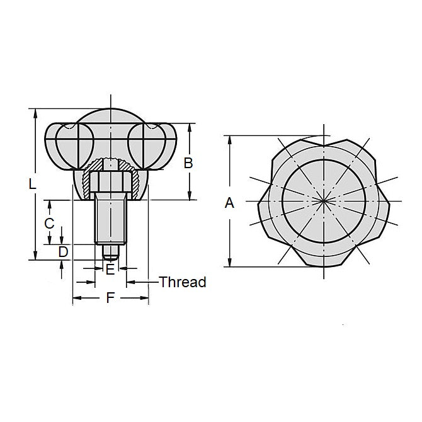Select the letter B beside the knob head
pyautogui.click(x=187, y=163)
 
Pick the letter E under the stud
pyautogui.click(x=110, y=270)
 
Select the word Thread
pyautogui.click(x=183, y=282)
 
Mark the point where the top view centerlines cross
pyautogui.click(x=322, y=202)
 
